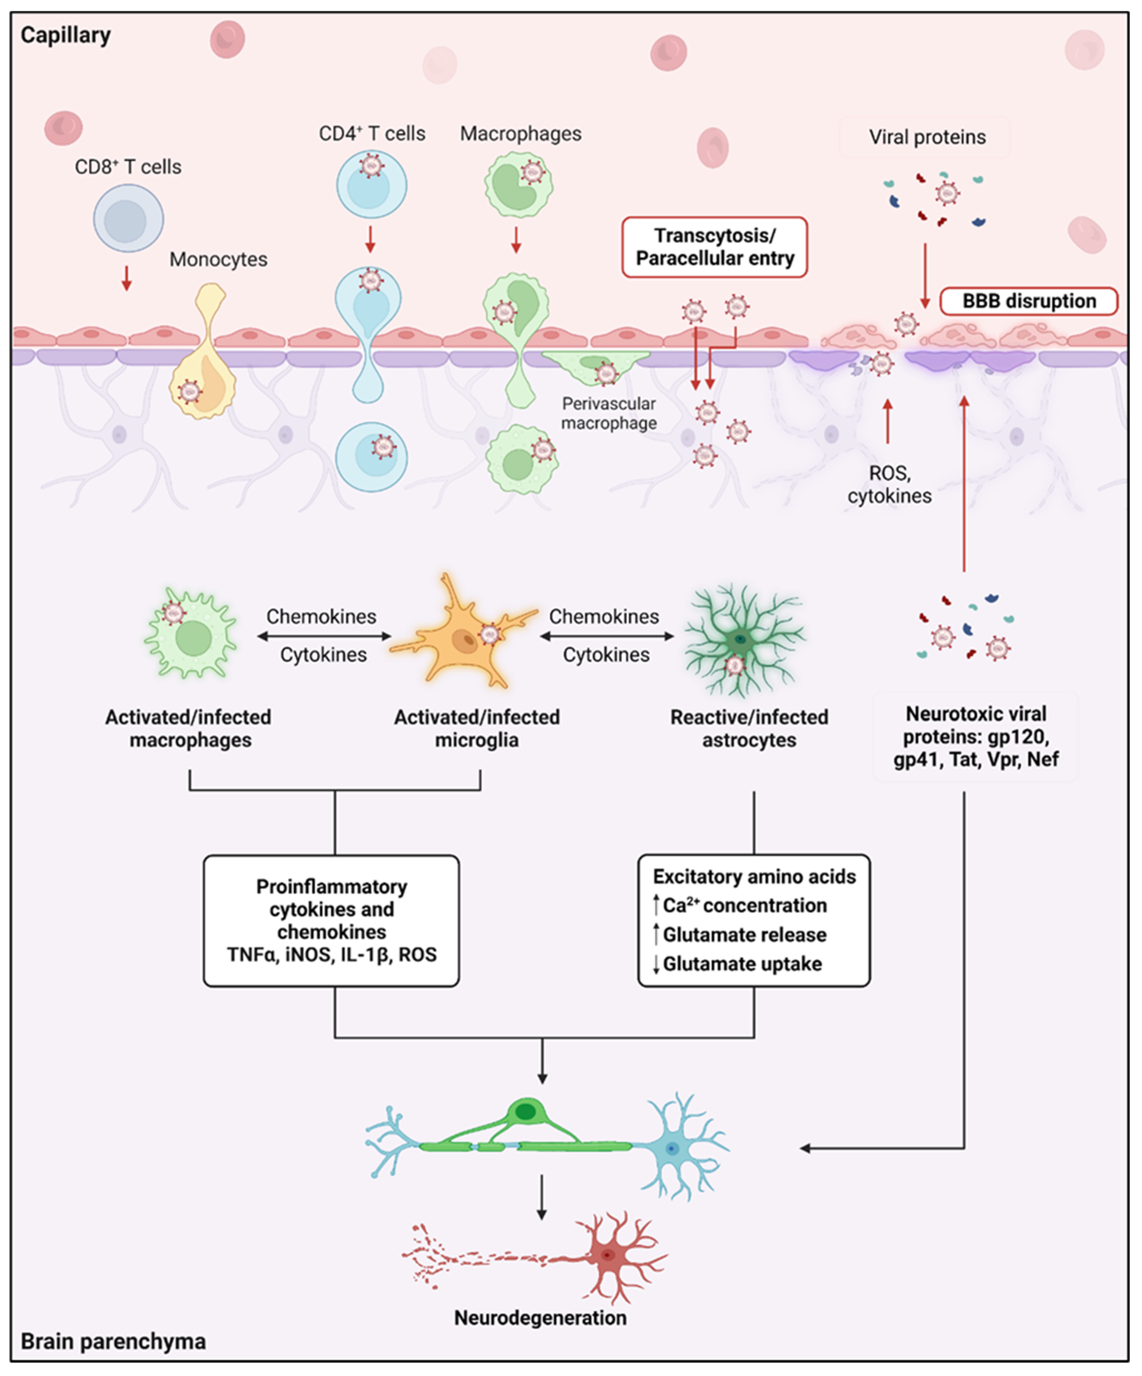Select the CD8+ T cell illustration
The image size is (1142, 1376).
point(128,218)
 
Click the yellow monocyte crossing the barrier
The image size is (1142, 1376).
point(203,354)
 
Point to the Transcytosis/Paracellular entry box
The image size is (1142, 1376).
point(715,247)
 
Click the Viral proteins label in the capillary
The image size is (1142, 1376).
point(927,137)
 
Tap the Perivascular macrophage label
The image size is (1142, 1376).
point(609,413)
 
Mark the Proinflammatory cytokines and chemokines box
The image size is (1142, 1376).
point(332,921)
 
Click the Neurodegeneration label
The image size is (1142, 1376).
point(541,1317)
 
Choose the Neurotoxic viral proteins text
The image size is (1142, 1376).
point(976,736)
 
